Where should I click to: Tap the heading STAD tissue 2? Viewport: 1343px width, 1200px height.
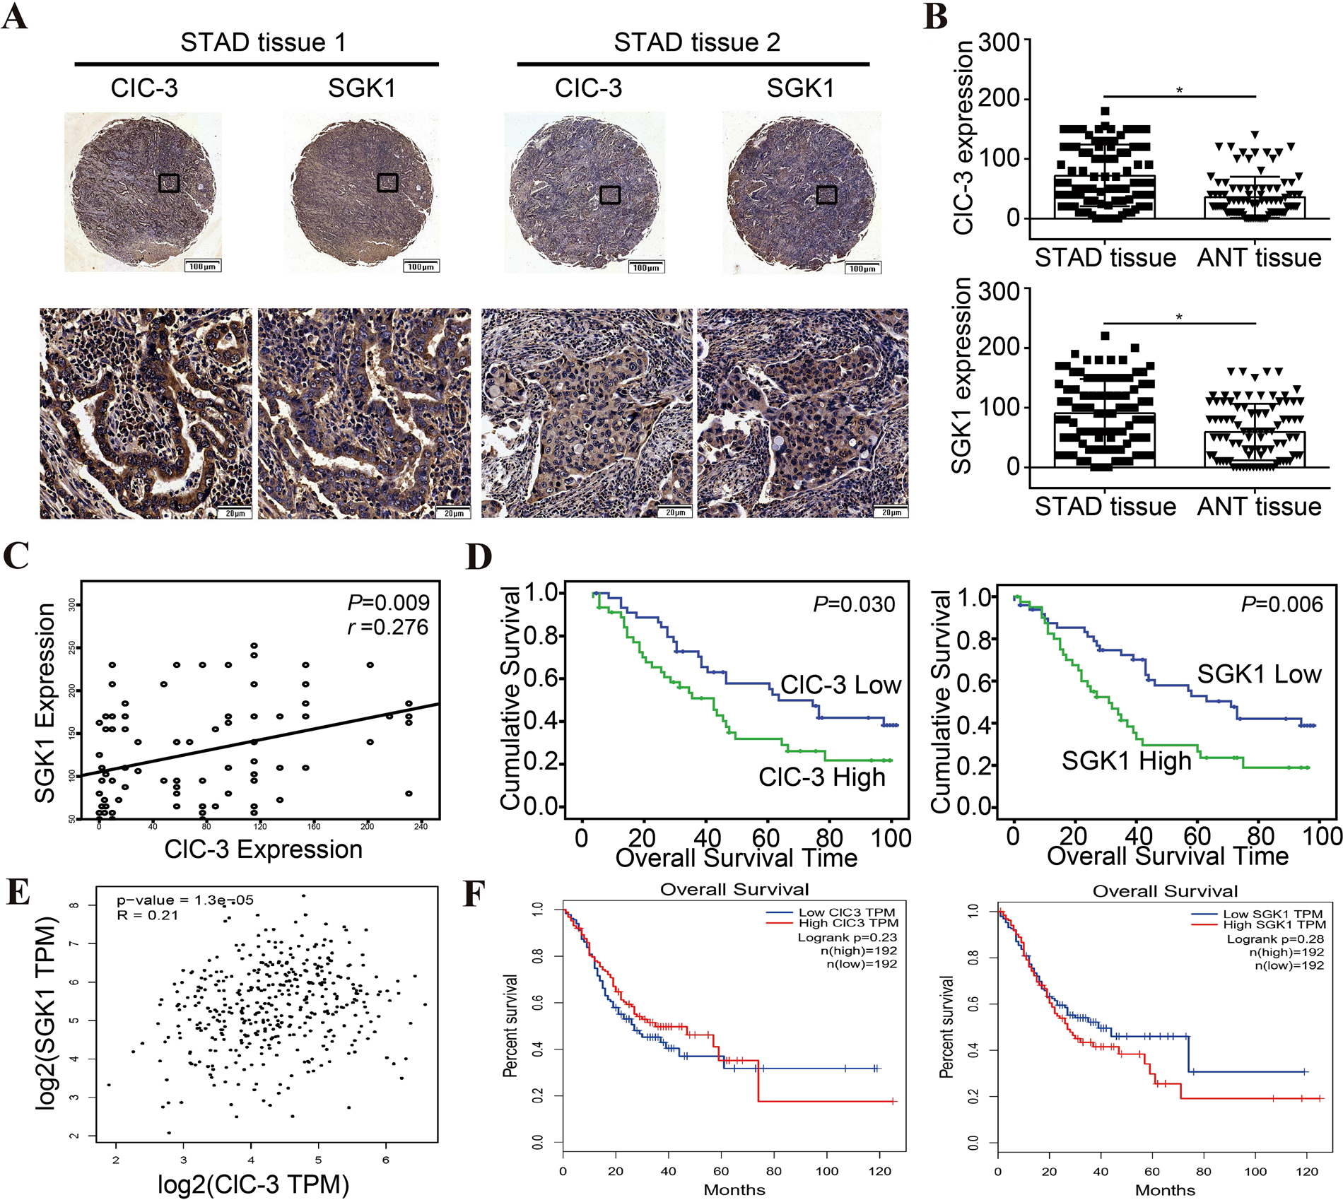point(696,42)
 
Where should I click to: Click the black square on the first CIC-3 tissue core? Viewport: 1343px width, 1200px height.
point(169,183)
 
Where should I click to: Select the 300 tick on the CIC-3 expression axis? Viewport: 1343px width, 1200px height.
point(999,42)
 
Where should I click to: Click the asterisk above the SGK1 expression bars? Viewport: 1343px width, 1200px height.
point(1179,317)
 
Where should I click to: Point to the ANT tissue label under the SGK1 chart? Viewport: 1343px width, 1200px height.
point(1259,506)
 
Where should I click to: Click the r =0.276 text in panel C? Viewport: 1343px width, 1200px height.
point(388,627)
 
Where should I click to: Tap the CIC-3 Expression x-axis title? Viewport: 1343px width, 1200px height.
point(263,849)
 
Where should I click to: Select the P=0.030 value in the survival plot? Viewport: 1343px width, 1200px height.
point(854,604)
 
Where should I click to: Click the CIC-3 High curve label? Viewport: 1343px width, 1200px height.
point(821,777)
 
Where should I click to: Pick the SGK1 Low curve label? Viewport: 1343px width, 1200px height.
point(1259,673)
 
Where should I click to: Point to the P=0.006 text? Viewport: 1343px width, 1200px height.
point(1282,604)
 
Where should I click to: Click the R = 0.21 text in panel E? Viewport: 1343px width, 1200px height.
point(148,915)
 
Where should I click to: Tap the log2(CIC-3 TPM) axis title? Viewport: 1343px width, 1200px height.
point(253,1184)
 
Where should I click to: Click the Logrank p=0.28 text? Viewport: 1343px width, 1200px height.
point(1275,939)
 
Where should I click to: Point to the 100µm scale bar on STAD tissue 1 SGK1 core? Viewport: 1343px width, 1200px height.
point(421,266)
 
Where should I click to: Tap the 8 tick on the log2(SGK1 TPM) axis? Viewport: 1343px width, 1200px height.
point(74,905)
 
